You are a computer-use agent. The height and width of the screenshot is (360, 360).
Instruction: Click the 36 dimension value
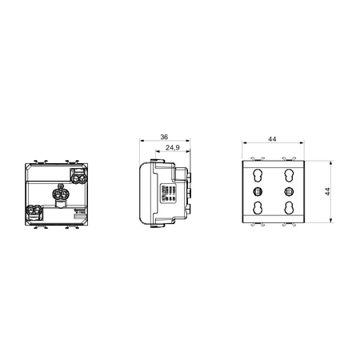164,137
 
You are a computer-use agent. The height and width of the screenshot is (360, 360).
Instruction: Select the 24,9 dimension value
173,147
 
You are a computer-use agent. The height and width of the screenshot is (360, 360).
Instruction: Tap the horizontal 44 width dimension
272,139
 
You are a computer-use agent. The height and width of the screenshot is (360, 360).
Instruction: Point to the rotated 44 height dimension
327,191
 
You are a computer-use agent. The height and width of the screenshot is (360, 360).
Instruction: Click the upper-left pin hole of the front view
257,174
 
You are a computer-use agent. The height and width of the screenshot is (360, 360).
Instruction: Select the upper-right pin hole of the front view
289,174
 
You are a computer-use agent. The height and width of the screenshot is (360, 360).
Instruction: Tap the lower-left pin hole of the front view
257,208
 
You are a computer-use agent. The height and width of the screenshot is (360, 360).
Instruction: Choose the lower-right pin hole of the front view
289,208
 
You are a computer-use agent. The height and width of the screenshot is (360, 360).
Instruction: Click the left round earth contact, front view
258,191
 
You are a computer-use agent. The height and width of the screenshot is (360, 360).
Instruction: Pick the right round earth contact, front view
288,191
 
